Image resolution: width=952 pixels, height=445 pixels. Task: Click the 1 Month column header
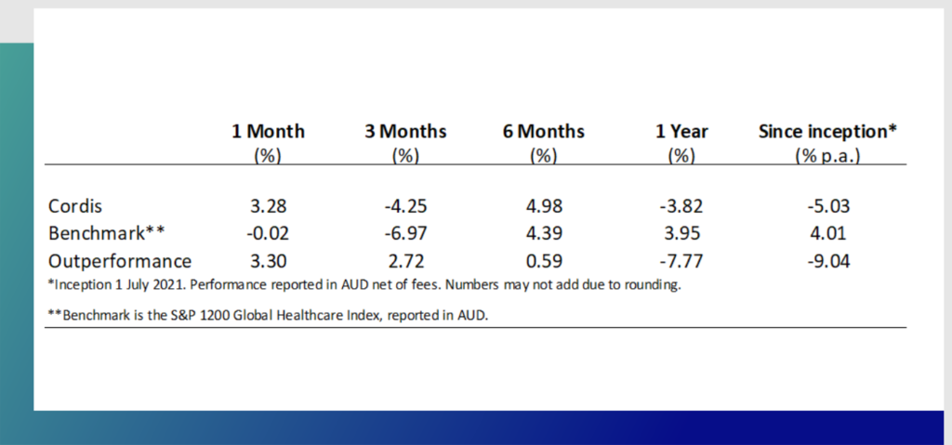pos(268,131)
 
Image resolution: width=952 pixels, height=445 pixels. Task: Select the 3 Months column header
pos(404,131)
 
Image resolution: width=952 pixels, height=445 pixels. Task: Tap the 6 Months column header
pos(542,131)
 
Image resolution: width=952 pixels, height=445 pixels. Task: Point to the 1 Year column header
pos(681,131)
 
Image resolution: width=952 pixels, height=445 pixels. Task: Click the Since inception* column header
pos(827,131)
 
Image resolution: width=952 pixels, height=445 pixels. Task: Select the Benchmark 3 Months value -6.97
pos(404,232)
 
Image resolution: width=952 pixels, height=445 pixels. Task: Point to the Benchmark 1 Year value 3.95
pos(681,232)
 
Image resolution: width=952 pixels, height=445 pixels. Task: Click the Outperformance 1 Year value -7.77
pos(681,260)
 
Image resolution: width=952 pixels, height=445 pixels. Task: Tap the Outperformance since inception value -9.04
pos(827,260)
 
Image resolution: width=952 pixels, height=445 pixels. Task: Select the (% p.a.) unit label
pos(827,155)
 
